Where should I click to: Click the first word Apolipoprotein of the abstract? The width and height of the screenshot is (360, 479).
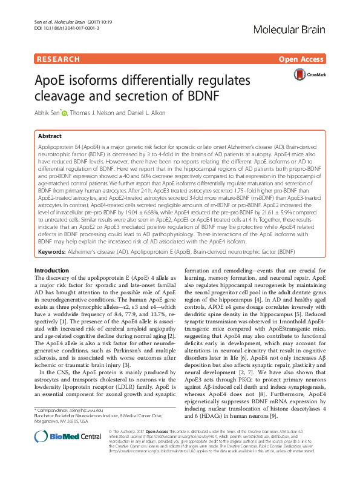click(56, 147)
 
